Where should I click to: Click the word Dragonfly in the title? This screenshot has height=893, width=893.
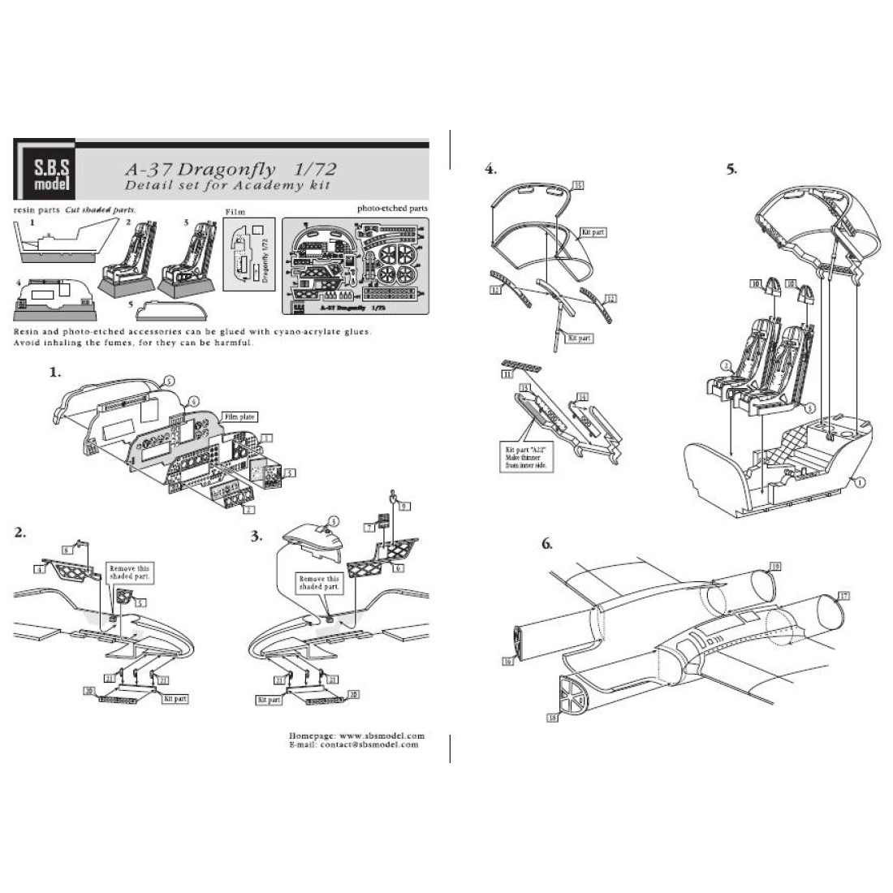215,170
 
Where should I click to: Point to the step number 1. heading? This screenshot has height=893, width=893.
54,373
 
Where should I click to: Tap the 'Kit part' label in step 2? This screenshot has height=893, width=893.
175,698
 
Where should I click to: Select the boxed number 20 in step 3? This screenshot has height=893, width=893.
353,694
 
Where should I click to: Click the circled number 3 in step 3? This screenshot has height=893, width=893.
333,520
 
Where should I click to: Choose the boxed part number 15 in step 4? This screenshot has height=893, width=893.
577,185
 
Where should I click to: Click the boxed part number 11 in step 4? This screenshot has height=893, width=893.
507,375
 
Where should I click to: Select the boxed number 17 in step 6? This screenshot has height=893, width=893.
844,596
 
